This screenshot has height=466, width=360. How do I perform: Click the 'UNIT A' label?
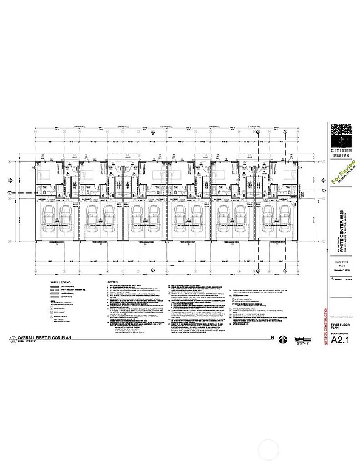coord(58,198)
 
